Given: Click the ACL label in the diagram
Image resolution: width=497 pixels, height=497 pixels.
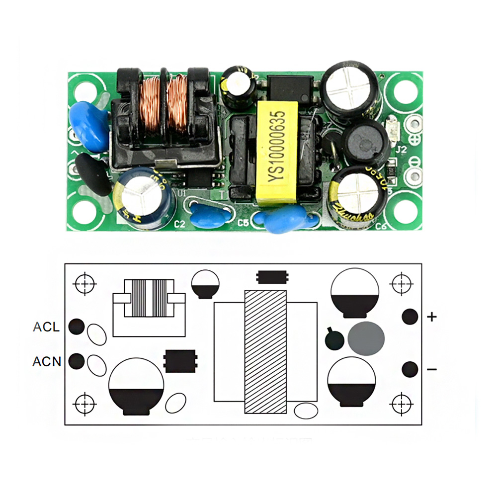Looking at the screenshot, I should tap(46, 327).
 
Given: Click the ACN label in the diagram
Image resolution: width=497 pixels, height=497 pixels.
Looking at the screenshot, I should tap(47, 361).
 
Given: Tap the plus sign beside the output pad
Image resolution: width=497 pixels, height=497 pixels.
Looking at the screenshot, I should tap(432, 317).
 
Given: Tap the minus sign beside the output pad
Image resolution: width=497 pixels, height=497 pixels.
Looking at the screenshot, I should tap(432, 369).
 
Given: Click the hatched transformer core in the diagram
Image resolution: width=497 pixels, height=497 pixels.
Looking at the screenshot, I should tap(265, 351).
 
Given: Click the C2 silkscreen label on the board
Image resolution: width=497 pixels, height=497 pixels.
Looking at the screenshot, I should tap(179, 225).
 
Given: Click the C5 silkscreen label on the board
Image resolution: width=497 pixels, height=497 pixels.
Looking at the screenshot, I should tap(243, 223).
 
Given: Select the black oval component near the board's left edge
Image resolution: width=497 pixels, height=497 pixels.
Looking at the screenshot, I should tap(94, 174).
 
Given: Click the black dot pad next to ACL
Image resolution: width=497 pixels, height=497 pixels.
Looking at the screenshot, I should tap(76, 327).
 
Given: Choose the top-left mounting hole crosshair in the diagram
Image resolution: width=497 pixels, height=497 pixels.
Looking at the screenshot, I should tap(84, 283).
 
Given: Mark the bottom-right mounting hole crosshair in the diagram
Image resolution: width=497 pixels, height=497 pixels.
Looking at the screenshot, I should tap(401, 403).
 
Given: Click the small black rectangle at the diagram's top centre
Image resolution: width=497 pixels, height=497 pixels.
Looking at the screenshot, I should tap(272, 276).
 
